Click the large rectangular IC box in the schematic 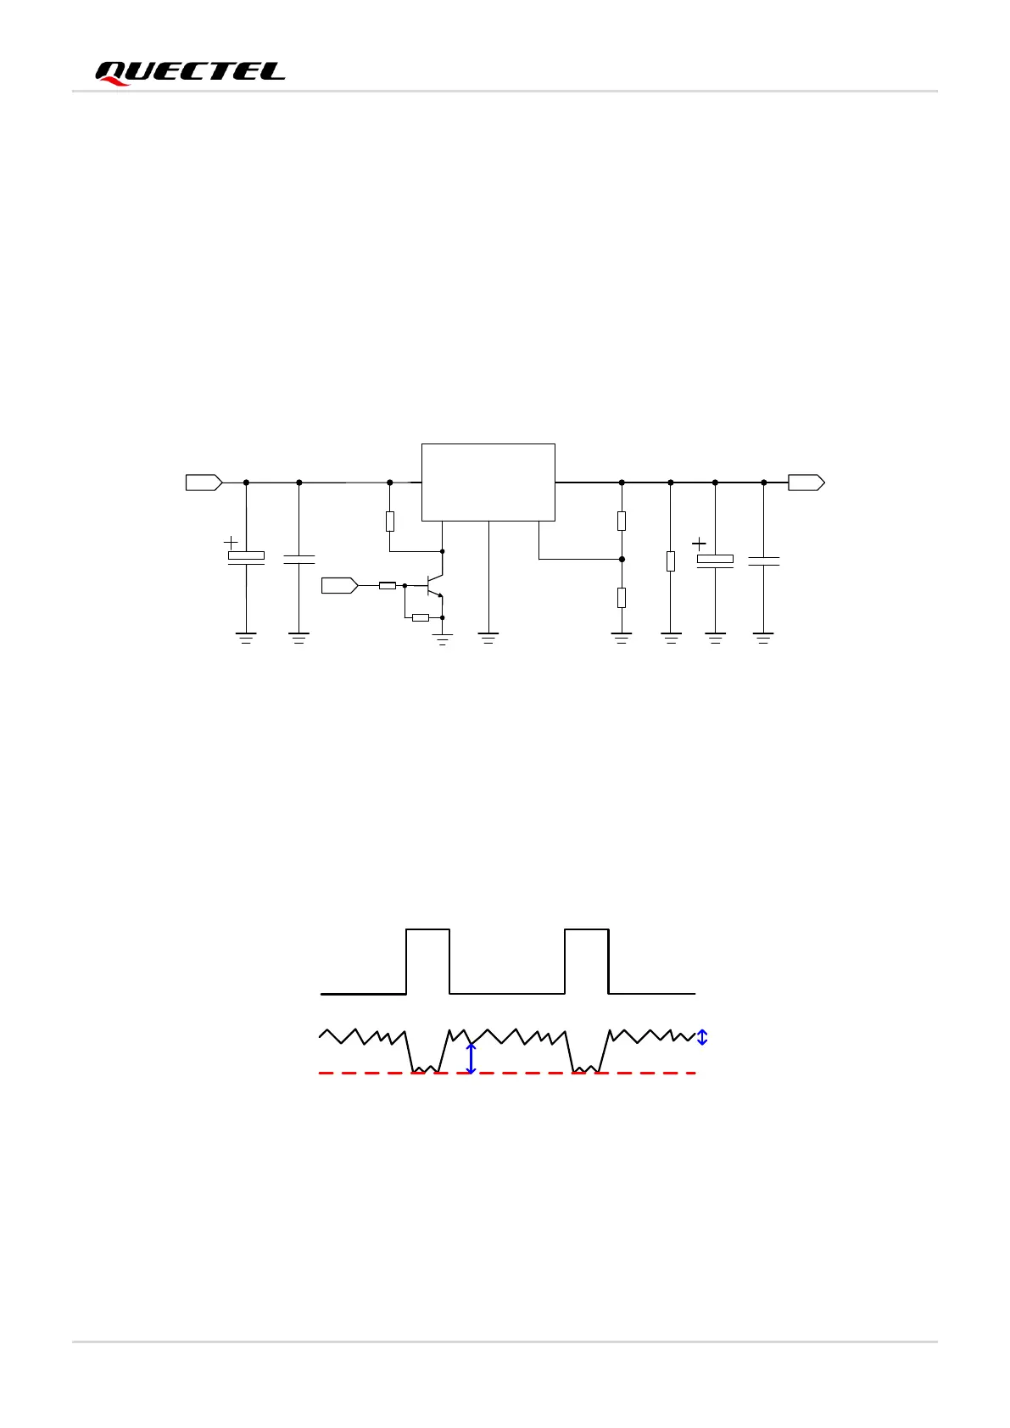(488, 482)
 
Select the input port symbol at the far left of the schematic (204, 483)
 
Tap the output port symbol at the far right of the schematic (806, 483)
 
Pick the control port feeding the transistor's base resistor (340, 585)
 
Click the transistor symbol (434, 585)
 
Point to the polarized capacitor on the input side (246, 557)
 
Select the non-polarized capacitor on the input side (299, 559)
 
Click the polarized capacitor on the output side (715, 560)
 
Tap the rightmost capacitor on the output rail (764, 560)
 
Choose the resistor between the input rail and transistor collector (390, 521)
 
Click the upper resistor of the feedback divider (622, 521)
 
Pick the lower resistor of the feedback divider (622, 597)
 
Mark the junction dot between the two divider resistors (622, 559)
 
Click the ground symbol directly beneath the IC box (488, 637)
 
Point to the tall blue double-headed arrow (472, 1058)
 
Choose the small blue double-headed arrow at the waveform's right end (702, 1036)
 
